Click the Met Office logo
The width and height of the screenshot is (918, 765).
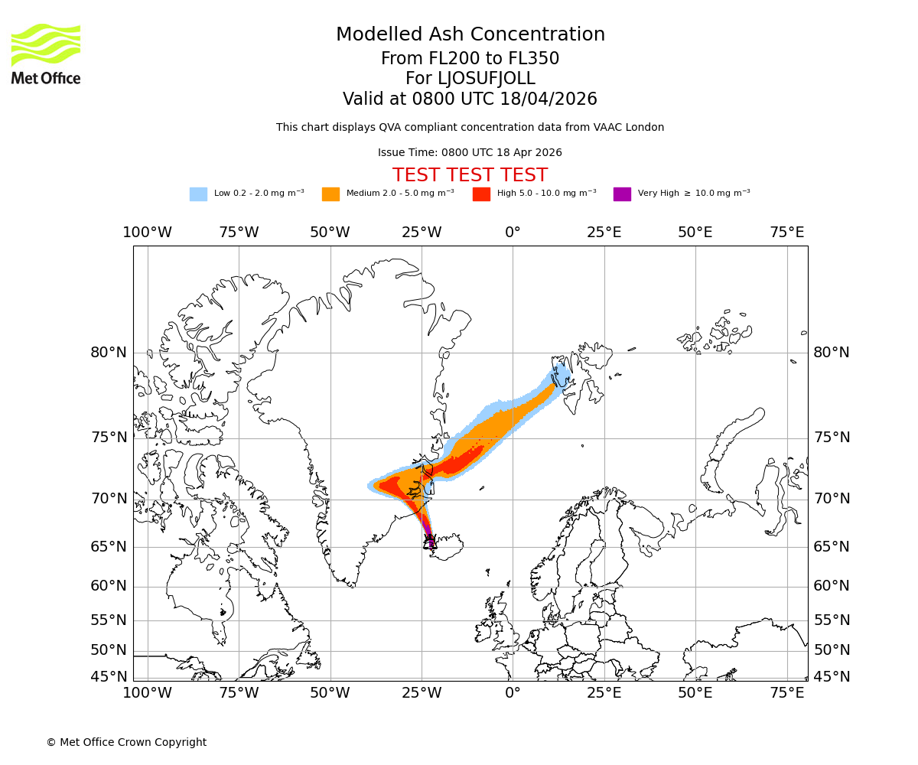pyautogui.click(x=46, y=54)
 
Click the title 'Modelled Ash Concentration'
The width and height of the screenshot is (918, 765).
pyautogui.click(x=470, y=35)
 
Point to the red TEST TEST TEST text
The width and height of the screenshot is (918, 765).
pyautogui.click(x=470, y=175)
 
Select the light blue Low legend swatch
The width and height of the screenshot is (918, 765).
pyautogui.click(x=198, y=194)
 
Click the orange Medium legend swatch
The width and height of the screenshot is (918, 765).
pyautogui.click(x=330, y=194)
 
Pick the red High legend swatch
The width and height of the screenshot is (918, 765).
pyautogui.click(x=481, y=194)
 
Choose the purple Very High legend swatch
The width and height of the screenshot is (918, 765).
pyautogui.click(x=622, y=194)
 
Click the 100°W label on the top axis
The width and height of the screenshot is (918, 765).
pyautogui.click(x=147, y=233)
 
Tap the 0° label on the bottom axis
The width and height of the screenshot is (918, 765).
pyautogui.click(x=513, y=693)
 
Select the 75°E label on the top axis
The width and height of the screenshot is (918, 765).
pyautogui.click(x=786, y=233)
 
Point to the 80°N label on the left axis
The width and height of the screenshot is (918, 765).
pyautogui.click(x=109, y=353)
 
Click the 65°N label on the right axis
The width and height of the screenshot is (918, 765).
pyautogui.click(x=832, y=547)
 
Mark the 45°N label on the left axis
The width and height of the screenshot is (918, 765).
pyautogui.click(x=109, y=677)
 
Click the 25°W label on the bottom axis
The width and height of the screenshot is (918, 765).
pyautogui.click(x=422, y=693)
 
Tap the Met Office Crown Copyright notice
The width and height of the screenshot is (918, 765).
pyautogui.click(x=126, y=742)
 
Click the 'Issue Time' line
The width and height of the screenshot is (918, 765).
pyautogui.click(x=470, y=152)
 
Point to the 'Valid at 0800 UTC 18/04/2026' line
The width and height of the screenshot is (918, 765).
pyautogui.click(x=470, y=99)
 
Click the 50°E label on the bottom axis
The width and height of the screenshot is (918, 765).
pyautogui.click(x=695, y=693)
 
